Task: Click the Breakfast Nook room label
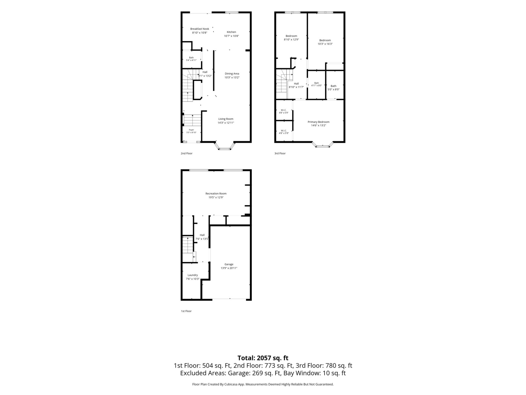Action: pos(199,29)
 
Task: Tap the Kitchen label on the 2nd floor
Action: pos(231,32)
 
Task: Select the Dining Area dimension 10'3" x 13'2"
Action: pos(232,77)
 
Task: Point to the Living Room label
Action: pos(226,119)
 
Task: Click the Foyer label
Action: pos(191,130)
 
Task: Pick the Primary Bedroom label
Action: pos(318,122)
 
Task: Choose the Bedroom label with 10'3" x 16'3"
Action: pos(325,40)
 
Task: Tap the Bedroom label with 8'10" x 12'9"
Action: pos(291,36)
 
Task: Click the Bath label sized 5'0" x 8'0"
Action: pos(333,86)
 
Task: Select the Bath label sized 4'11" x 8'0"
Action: pos(316,83)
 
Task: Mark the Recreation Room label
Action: pos(216,193)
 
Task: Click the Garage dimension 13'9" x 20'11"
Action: pos(229,268)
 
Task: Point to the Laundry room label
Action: pos(193,275)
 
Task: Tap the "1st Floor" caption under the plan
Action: pos(186,311)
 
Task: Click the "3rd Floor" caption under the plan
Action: pos(280,153)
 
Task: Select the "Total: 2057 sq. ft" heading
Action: pos(263,358)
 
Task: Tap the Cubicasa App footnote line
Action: pos(263,384)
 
